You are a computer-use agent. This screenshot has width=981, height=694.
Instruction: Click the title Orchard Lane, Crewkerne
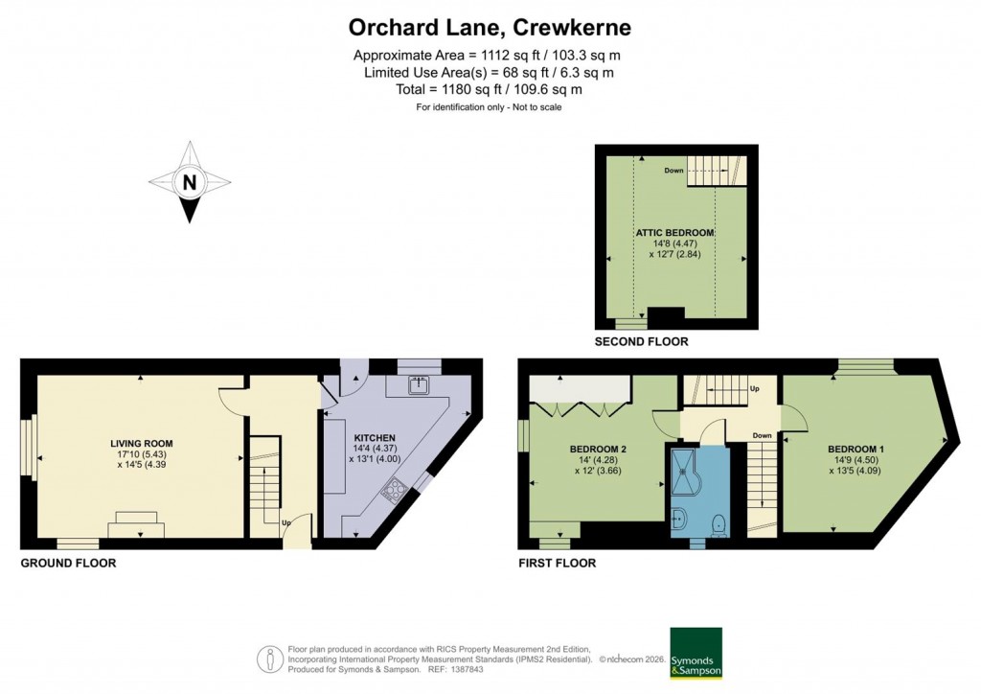490,26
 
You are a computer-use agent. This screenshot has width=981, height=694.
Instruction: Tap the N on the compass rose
190,182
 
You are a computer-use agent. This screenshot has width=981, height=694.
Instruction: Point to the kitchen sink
418,385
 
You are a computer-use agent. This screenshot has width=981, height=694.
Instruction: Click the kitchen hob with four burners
394,493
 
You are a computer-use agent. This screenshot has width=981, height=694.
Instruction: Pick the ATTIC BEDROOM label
674,233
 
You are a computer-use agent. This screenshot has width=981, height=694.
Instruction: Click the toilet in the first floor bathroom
719,522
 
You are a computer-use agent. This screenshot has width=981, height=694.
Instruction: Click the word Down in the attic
673,171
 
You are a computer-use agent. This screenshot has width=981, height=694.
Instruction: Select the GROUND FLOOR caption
68,564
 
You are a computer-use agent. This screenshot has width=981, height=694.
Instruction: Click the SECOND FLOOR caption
641,341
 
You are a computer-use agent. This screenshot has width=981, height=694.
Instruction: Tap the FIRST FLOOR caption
557,564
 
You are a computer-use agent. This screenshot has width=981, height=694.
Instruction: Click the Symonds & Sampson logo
696,654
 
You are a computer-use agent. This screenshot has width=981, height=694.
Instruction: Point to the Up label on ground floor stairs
285,523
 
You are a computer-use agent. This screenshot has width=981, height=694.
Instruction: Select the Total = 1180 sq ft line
489,89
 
